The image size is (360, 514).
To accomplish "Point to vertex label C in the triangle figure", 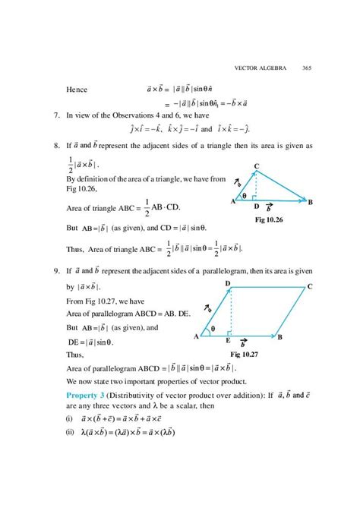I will coord(256,166).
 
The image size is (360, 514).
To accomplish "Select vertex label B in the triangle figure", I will coord(311,201).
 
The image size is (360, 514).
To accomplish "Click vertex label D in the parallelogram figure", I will coord(228,283).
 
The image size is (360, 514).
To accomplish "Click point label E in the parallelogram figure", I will coord(228,342).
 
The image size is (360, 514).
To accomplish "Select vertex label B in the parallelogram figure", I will coord(280,336).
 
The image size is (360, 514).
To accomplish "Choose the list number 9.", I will coord(57,270).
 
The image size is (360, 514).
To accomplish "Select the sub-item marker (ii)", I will coord(69,434).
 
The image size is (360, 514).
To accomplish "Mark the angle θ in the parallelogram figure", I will coord(213,329).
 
